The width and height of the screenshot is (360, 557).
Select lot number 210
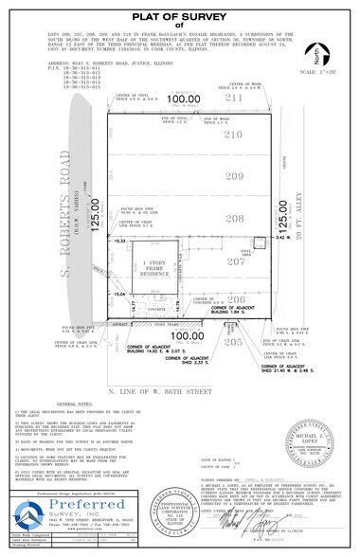click(x=233, y=135)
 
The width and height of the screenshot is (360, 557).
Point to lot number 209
click(x=233, y=176)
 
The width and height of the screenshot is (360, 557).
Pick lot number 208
click(x=233, y=217)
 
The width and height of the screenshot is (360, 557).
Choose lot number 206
click(x=233, y=297)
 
